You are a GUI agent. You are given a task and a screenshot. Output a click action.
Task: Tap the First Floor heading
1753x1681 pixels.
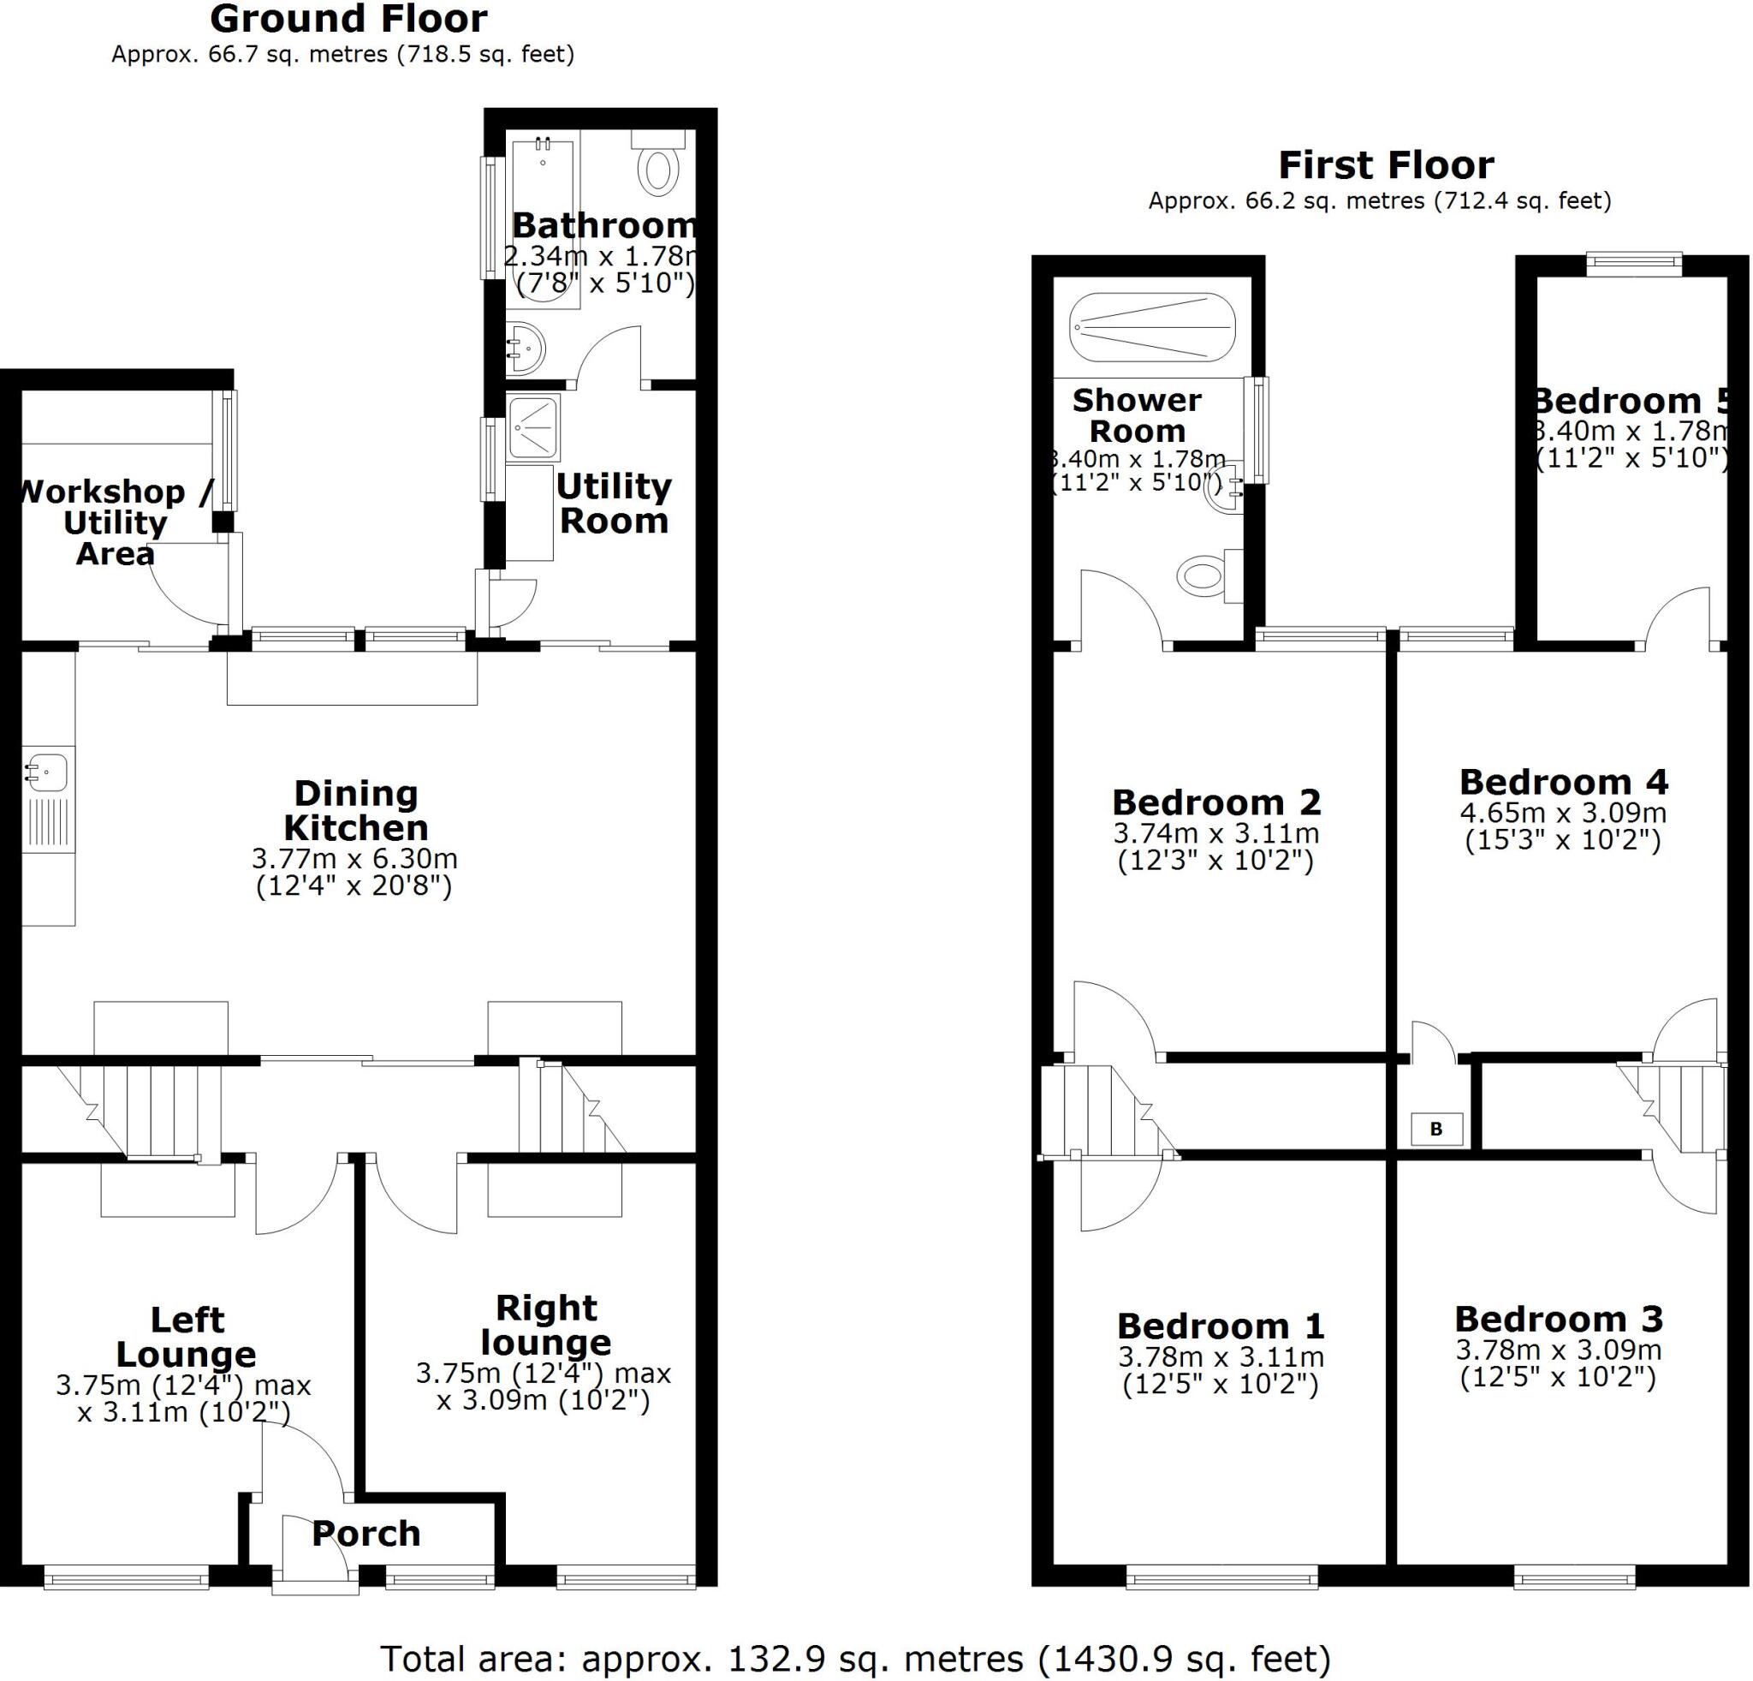(1386, 165)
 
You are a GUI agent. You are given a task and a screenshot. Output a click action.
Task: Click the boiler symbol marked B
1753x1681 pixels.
(1435, 1129)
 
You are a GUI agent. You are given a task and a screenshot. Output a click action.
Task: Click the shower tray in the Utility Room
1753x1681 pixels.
(534, 427)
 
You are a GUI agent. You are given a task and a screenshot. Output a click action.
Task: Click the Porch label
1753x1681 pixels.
(365, 1534)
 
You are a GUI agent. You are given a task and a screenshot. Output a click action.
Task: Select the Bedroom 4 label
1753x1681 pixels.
(1563, 782)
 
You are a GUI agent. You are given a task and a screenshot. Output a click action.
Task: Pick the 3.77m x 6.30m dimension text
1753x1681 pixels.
(354, 859)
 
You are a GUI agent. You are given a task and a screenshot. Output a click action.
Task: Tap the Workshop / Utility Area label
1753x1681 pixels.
(115, 522)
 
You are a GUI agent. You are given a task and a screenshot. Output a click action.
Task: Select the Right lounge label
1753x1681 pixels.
(545, 1325)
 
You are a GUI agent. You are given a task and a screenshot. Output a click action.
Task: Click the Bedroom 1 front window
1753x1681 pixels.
(1221, 1577)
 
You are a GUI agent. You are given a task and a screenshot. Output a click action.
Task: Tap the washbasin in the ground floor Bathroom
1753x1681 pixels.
(526, 348)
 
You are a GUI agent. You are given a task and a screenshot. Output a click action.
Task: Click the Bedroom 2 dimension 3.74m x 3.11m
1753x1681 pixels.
(1215, 834)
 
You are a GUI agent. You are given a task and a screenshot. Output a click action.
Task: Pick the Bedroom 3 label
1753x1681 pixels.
(1558, 1319)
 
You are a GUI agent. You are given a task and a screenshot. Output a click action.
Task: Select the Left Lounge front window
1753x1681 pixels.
(126, 1577)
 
